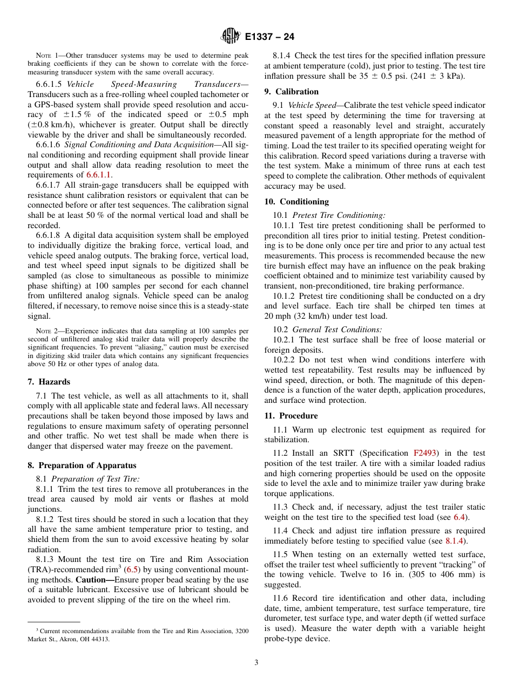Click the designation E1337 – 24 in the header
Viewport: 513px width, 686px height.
(269, 37)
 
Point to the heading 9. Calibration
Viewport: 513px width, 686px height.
(292, 92)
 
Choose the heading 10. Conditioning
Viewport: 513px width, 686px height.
(296, 202)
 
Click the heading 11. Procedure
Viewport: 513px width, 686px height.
(291, 416)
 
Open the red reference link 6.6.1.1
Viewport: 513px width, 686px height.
(98, 175)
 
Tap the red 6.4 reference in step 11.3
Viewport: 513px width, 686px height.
(459, 517)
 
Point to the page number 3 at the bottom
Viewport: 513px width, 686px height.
(256, 663)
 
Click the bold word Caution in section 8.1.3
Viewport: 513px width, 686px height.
(94, 580)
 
